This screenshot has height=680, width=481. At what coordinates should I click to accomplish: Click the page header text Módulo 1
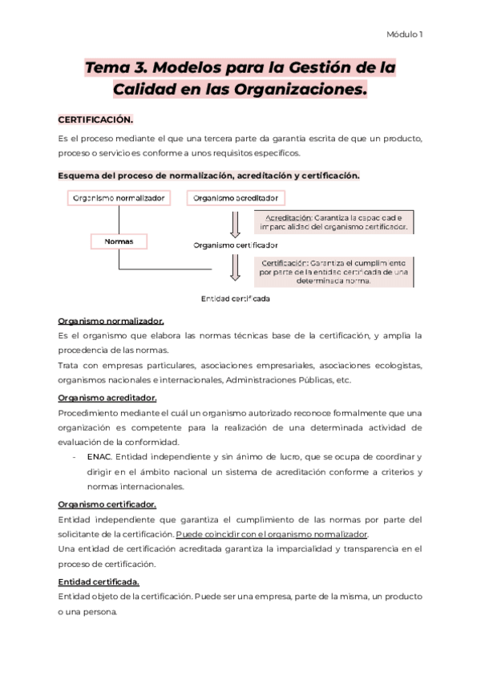click(x=405, y=34)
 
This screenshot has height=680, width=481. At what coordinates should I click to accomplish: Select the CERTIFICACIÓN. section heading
click(x=95, y=119)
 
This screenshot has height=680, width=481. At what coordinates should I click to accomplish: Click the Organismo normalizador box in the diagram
click(x=119, y=198)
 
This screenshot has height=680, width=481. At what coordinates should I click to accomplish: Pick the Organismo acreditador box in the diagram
click(x=236, y=198)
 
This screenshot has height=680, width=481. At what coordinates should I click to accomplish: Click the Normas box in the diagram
click(x=119, y=241)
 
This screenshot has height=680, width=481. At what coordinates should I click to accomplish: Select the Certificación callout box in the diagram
click(x=333, y=272)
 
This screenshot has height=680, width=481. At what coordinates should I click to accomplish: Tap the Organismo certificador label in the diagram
click(x=236, y=245)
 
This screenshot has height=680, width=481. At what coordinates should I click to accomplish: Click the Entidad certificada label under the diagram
click(x=235, y=298)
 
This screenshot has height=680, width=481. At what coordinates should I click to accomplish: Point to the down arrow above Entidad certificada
click(x=235, y=268)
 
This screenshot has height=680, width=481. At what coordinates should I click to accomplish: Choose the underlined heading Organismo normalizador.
click(x=111, y=321)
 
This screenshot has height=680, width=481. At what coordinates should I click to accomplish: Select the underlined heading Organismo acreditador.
click(x=107, y=397)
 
